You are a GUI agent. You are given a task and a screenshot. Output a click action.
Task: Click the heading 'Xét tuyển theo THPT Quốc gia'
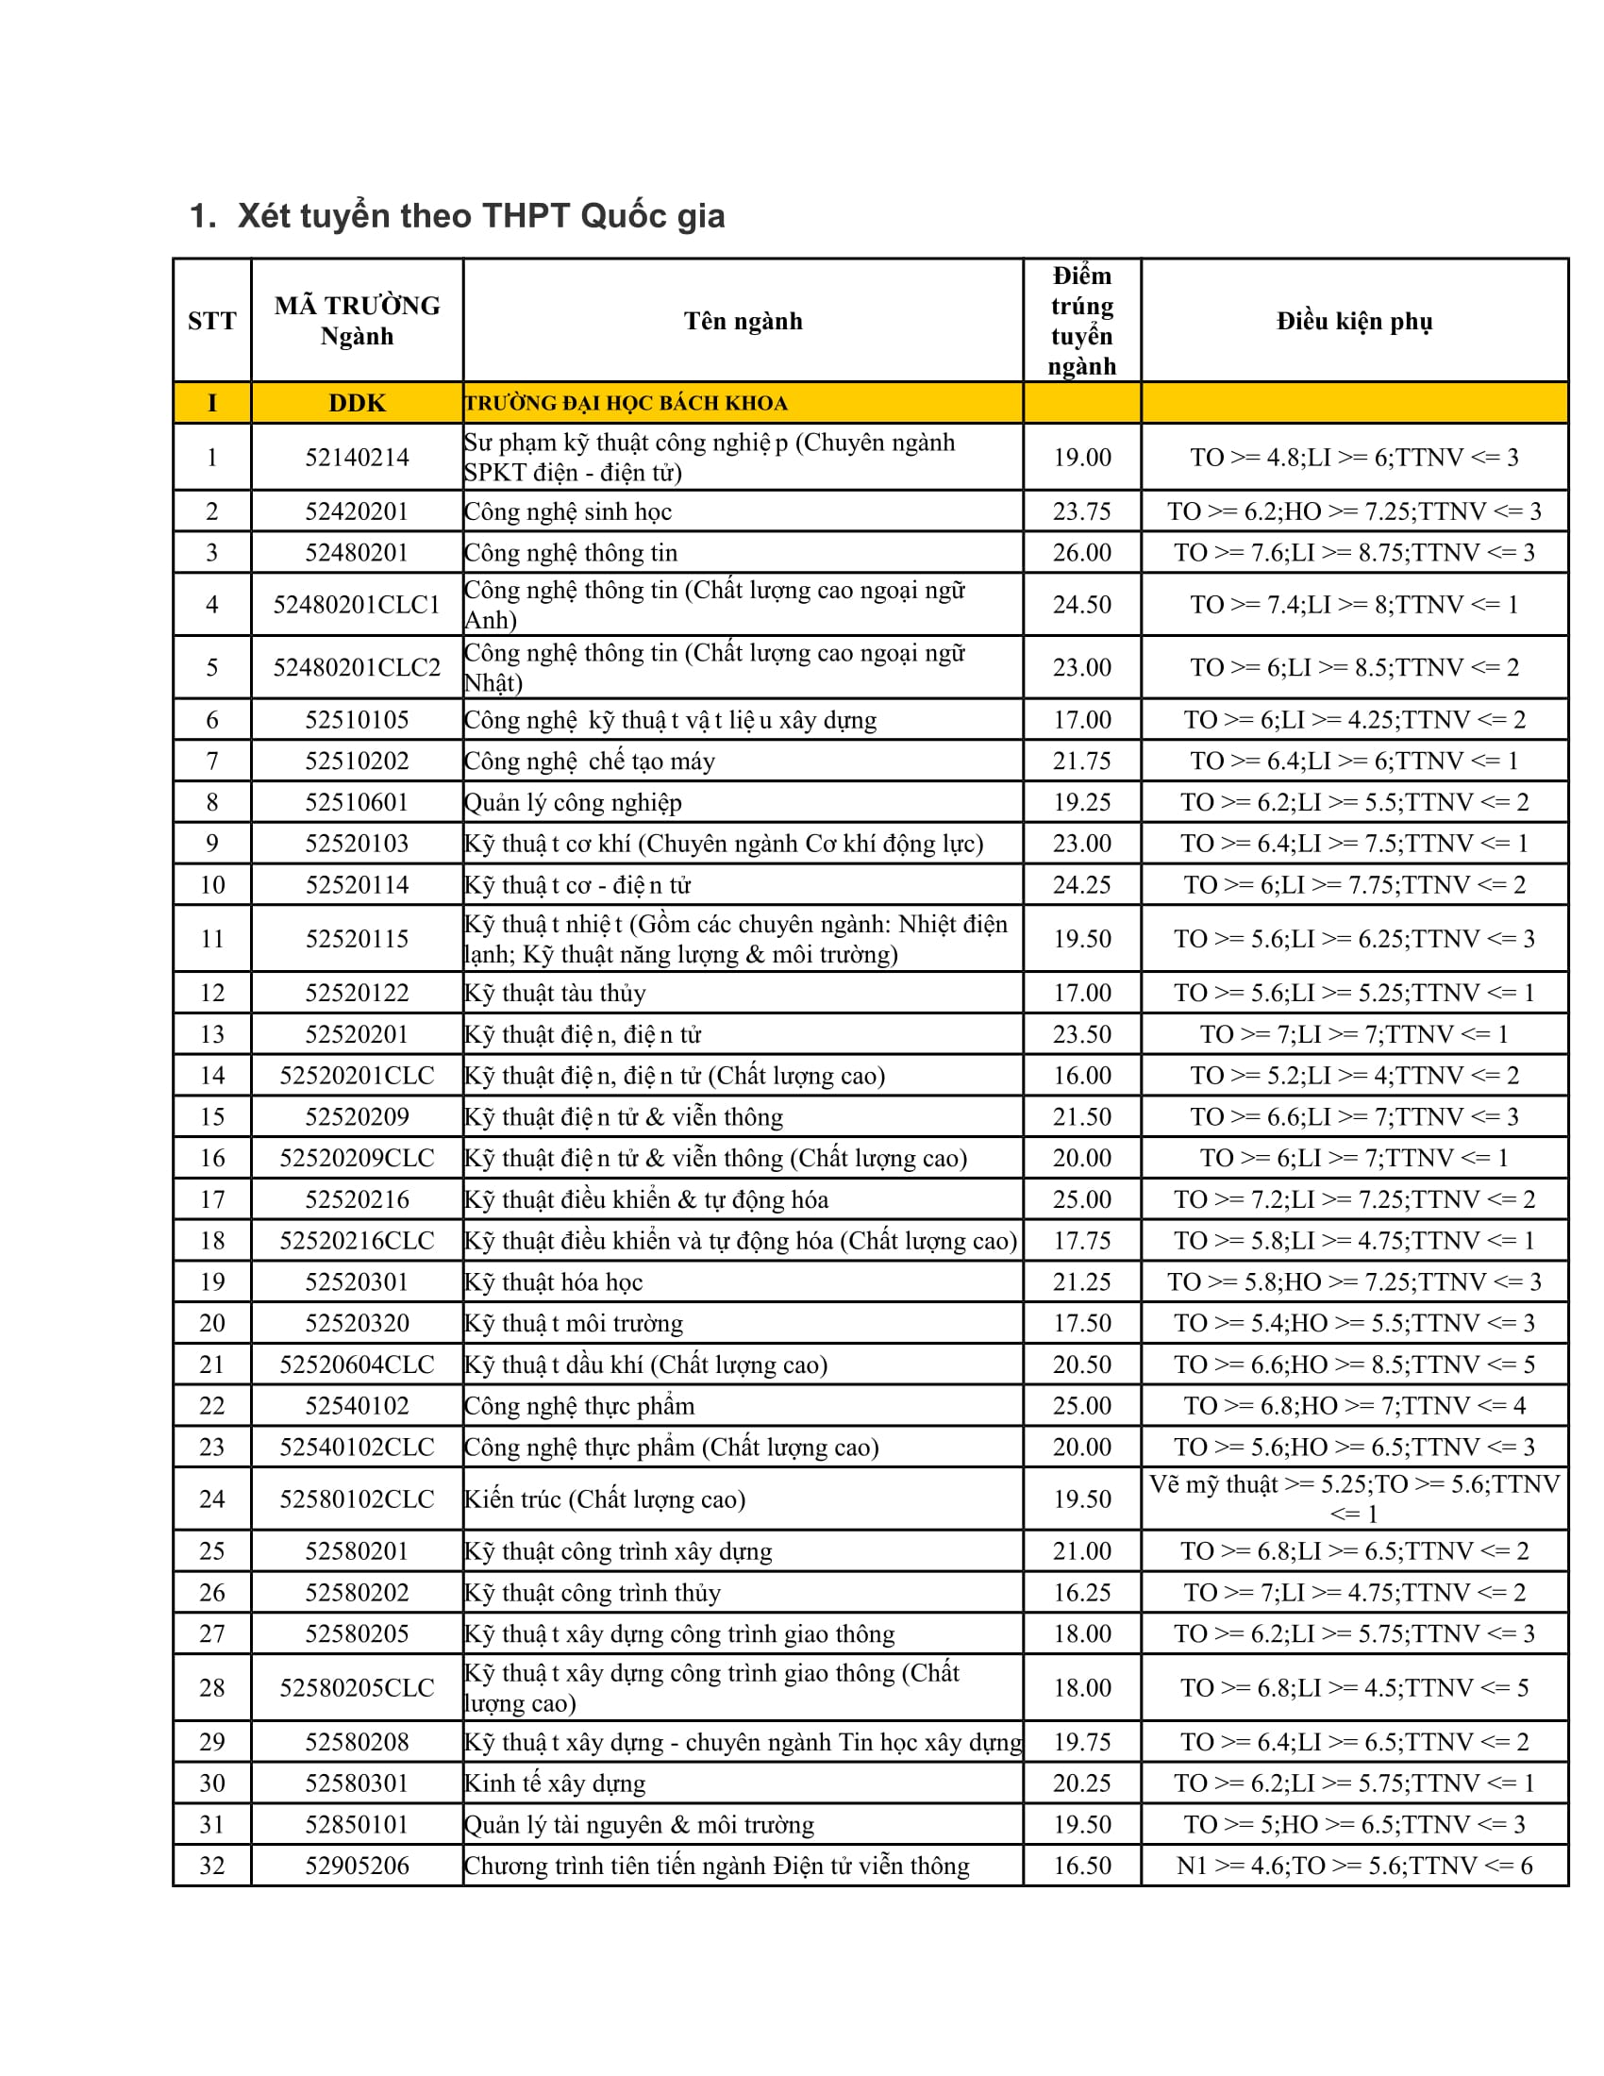(x=481, y=217)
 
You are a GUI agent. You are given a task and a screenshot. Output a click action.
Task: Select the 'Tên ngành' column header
(x=743, y=321)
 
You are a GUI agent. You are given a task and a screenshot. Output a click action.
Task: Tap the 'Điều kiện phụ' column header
(x=1353, y=321)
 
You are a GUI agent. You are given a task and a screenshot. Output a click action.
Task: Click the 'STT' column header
(x=212, y=321)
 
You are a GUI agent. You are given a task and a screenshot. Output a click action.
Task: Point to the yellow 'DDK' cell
(x=357, y=403)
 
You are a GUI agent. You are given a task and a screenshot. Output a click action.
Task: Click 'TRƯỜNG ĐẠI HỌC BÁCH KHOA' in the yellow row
(x=627, y=403)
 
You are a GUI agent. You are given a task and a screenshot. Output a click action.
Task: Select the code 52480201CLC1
(x=357, y=605)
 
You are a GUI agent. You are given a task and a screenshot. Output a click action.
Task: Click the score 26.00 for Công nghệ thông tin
(x=1081, y=552)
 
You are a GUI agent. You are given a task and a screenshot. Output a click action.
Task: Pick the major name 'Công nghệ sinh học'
(x=568, y=511)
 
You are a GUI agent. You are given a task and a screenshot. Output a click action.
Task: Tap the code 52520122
(x=357, y=993)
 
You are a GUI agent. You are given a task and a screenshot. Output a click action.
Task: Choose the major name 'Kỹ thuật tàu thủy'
(x=555, y=993)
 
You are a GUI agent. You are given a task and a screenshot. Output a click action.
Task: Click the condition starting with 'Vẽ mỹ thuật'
(x=1353, y=1498)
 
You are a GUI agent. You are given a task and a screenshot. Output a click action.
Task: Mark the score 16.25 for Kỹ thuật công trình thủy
(x=1081, y=1592)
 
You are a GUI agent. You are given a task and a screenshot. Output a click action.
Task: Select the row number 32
(x=212, y=1865)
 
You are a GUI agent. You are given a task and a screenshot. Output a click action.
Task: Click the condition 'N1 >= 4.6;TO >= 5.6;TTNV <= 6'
(x=1353, y=1865)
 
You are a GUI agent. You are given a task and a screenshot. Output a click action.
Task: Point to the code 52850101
(x=357, y=1824)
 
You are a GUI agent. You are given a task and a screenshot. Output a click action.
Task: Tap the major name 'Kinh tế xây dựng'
(x=555, y=1783)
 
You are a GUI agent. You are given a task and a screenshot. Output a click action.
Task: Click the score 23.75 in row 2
(x=1081, y=511)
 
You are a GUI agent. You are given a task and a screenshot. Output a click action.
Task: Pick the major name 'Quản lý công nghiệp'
(x=573, y=802)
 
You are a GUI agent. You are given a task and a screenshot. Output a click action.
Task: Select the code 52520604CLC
(x=357, y=1364)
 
